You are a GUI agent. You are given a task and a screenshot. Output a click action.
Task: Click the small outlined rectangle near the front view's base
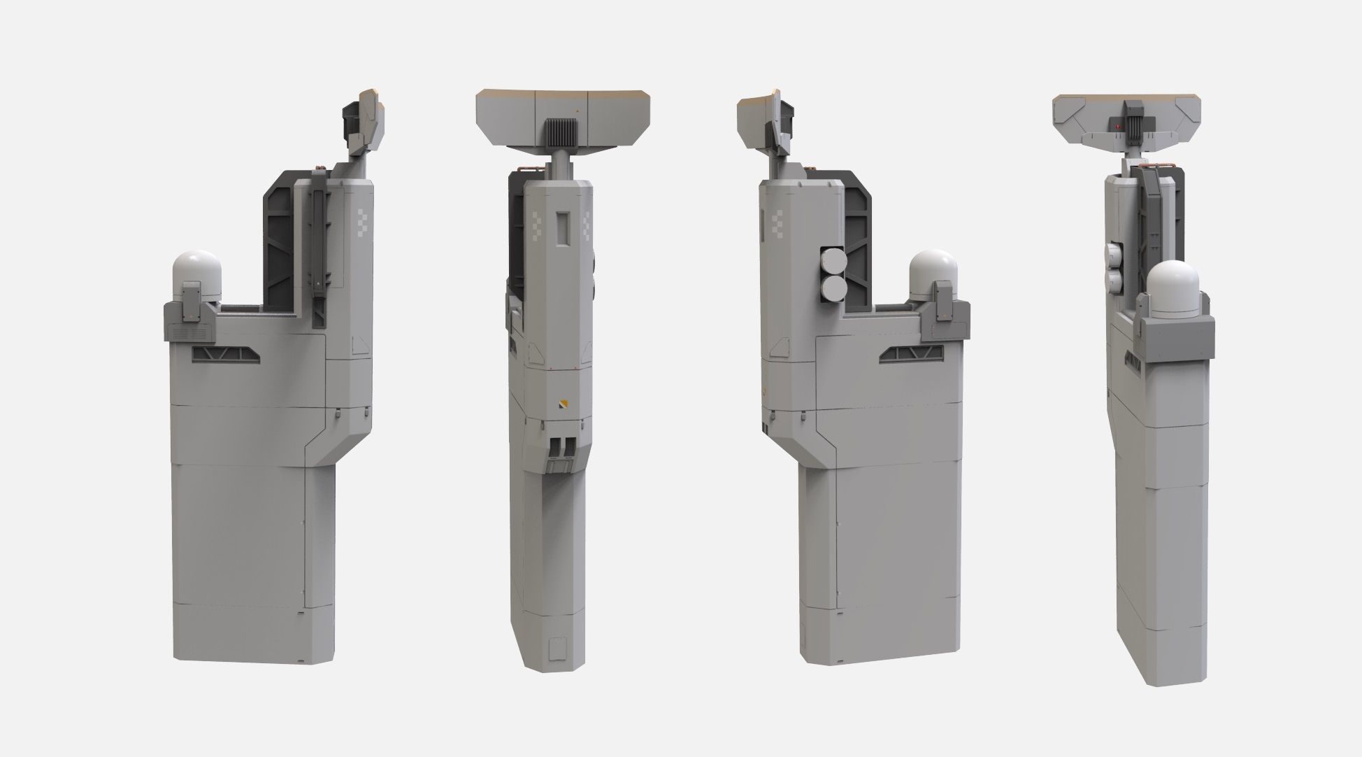click(x=557, y=651)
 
